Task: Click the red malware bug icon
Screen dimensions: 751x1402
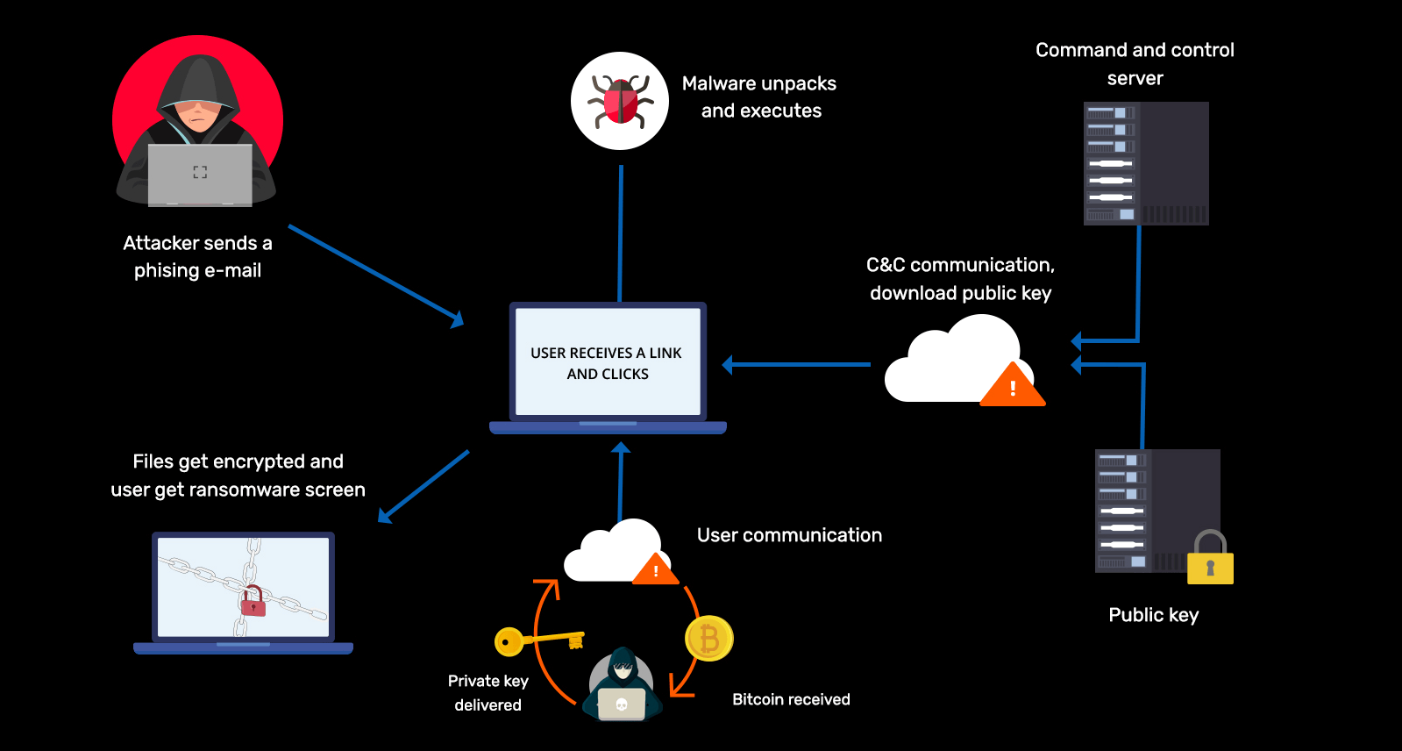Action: click(x=620, y=101)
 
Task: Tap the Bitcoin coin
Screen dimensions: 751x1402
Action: click(x=708, y=639)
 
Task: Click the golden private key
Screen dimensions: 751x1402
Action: click(x=537, y=640)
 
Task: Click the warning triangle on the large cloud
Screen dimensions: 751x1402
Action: click(x=1013, y=387)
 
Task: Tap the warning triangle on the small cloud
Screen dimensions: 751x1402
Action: click(x=656, y=570)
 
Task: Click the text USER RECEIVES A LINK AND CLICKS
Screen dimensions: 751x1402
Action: click(x=607, y=363)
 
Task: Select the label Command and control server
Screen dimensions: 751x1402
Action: click(x=1135, y=63)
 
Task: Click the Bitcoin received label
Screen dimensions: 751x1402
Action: click(x=791, y=699)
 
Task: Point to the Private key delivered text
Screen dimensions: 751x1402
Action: click(x=487, y=692)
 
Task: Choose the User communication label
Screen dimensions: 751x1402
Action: click(x=789, y=535)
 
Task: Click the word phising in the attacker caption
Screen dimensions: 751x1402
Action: click(x=167, y=271)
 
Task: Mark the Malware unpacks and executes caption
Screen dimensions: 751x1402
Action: click(x=760, y=97)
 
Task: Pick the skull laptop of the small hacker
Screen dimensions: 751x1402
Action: click(x=622, y=704)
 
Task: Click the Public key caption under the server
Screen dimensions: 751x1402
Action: click(x=1153, y=615)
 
